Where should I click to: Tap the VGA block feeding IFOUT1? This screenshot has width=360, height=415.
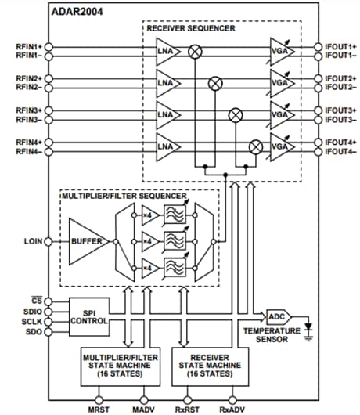(x=280, y=51)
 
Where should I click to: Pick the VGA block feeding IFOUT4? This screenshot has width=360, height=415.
(x=280, y=146)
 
